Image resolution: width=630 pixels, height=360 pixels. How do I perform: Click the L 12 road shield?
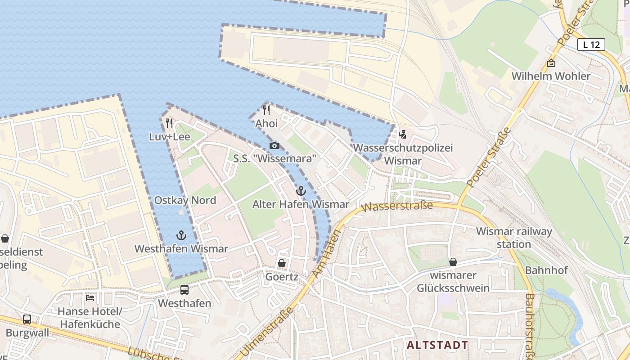pyautogui.click(x=591, y=45)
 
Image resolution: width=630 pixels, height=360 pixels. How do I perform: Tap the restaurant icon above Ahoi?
pyautogui.click(x=266, y=110)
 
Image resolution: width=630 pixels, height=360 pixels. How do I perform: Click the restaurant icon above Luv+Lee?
pyautogui.click(x=169, y=123)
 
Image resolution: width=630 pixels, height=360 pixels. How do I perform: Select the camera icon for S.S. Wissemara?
pyautogui.click(x=274, y=145)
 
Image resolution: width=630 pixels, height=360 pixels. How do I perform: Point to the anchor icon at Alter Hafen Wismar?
pyautogui.click(x=301, y=191)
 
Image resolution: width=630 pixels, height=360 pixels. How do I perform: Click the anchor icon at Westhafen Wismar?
pyautogui.click(x=181, y=235)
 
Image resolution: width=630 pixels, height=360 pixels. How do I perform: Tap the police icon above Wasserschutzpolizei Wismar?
pyautogui.click(x=402, y=135)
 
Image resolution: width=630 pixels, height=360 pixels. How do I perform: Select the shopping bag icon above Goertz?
pyautogui.click(x=282, y=263)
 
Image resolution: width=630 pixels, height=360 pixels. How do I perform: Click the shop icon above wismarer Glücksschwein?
pyautogui.click(x=453, y=262)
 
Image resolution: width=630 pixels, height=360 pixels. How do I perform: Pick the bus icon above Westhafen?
pyautogui.click(x=184, y=290)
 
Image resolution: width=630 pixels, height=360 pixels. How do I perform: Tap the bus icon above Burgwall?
pyautogui.click(x=27, y=319)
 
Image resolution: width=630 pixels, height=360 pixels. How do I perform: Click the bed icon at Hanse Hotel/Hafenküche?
pyautogui.click(x=90, y=298)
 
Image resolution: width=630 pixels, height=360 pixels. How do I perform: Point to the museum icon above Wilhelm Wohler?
pyautogui.click(x=551, y=63)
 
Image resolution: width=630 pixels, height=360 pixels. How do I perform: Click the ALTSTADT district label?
pyautogui.click(x=437, y=345)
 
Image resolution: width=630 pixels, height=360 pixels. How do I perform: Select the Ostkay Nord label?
pyautogui.click(x=185, y=200)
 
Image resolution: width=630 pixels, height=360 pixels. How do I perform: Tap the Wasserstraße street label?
pyautogui.click(x=397, y=207)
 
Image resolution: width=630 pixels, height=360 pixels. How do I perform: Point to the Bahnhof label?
pyautogui.click(x=546, y=270)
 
